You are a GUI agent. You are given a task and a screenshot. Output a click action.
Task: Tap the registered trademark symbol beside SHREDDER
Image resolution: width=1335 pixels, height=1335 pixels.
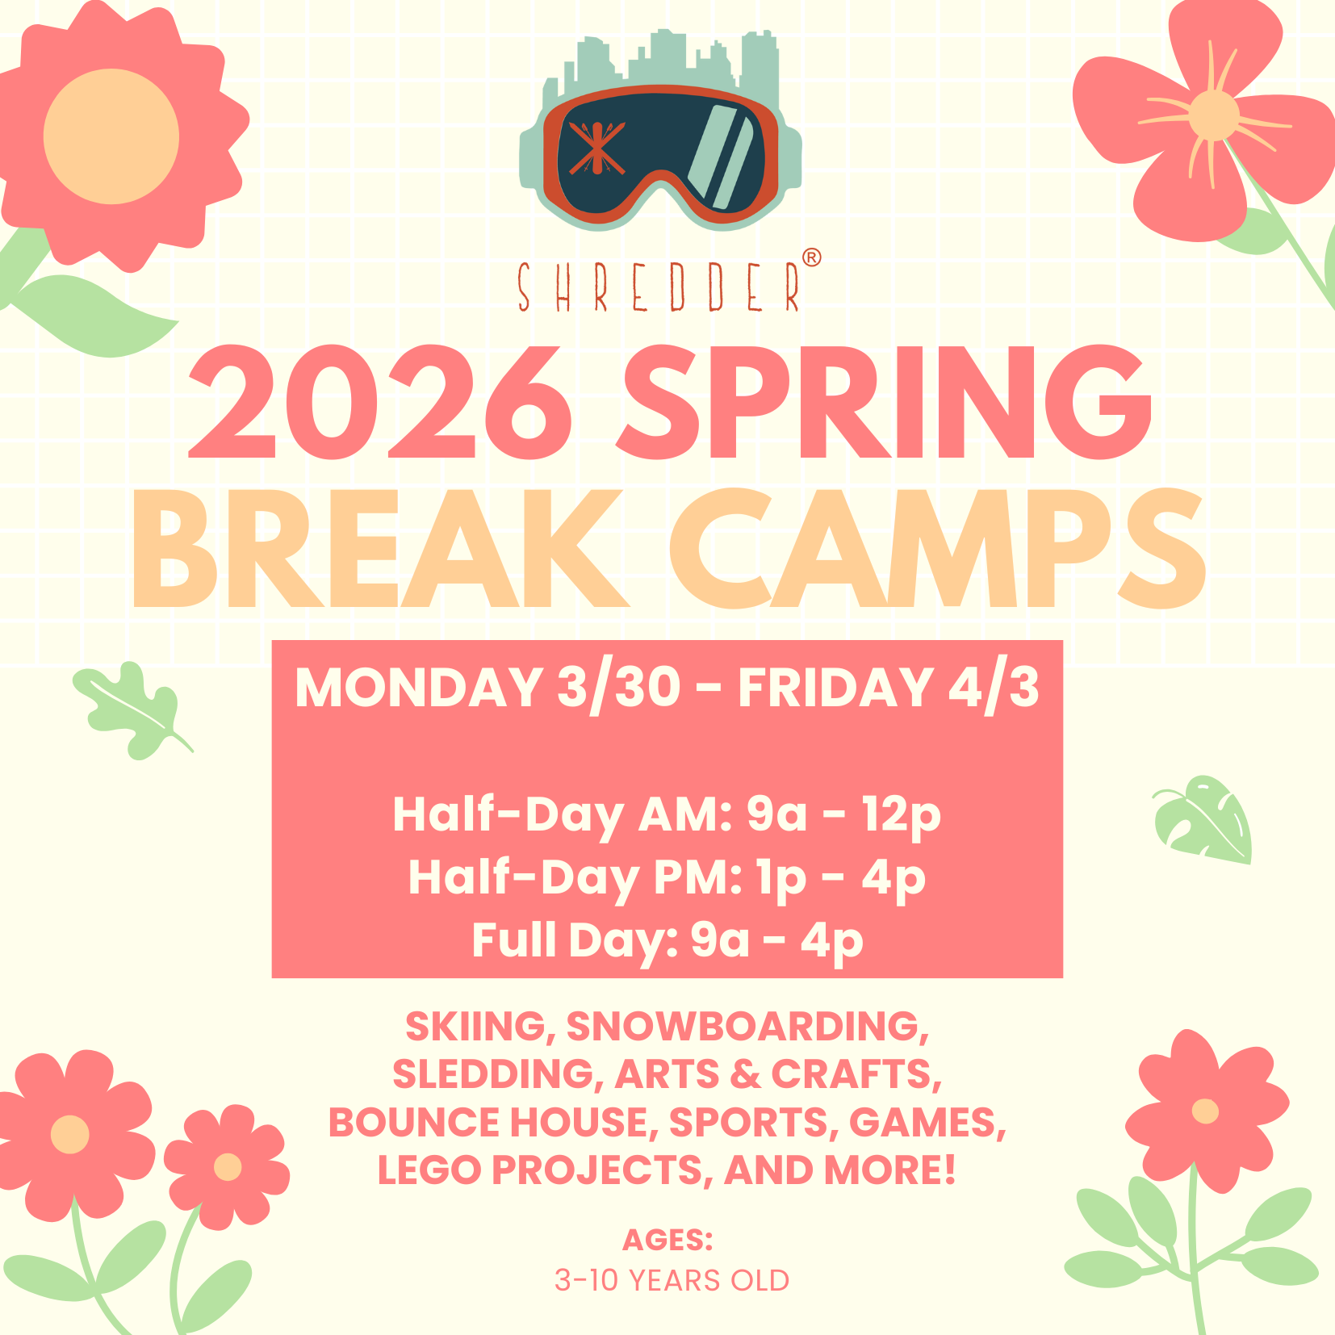tap(812, 257)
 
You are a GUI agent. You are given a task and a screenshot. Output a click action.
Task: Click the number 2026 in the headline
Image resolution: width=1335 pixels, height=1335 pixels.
tap(380, 403)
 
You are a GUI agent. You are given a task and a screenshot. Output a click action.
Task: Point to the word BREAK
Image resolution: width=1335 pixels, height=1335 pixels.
tap(379, 548)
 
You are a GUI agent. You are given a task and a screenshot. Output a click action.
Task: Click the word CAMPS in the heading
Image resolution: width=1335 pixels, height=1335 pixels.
tap(936, 548)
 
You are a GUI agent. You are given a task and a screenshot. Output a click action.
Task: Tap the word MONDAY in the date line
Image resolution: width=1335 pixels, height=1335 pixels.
tap(419, 688)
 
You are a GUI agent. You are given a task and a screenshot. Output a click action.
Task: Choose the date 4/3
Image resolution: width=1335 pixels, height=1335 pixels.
tap(994, 688)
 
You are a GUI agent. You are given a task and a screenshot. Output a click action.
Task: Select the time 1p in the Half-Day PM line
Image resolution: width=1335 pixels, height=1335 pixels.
tap(781, 878)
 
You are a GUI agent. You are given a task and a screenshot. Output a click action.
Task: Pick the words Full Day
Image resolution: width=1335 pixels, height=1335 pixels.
tap(575, 942)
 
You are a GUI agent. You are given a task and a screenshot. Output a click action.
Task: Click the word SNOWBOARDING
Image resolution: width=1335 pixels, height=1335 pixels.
tap(747, 1027)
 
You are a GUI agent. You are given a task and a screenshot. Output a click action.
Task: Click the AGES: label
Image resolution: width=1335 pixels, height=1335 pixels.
tap(667, 1240)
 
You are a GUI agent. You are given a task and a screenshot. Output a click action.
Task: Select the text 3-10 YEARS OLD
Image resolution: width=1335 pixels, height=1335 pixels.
tap(672, 1281)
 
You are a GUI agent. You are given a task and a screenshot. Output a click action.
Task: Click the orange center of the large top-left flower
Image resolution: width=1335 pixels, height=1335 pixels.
tap(111, 136)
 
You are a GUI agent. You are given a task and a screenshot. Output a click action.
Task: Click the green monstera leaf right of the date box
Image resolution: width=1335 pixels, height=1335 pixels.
tap(1203, 818)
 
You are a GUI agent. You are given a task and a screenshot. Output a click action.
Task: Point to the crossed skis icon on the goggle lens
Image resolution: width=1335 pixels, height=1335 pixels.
tap(596, 149)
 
